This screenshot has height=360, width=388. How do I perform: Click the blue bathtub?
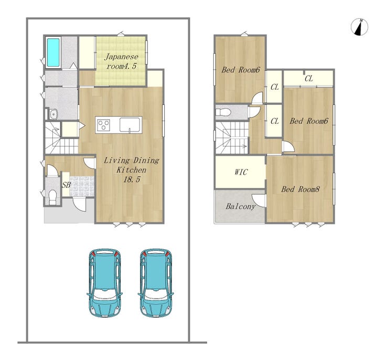[x=53, y=52]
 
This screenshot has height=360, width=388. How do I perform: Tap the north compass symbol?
[x=360, y=27]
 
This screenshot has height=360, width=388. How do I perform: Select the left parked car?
[x=105, y=283]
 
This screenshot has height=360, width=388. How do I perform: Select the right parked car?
[x=156, y=283]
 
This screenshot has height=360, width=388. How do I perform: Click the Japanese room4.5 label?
[x=121, y=61]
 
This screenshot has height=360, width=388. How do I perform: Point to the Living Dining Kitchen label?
[x=132, y=170]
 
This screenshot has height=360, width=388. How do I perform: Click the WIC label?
[x=241, y=172]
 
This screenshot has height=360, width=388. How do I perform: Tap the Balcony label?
[x=240, y=206]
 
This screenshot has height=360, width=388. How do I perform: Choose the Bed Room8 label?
[x=300, y=189]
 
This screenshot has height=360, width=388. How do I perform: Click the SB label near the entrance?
[x=66, y=185]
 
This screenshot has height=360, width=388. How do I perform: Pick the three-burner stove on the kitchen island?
[x=104, y=124]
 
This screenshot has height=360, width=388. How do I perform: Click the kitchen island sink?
[x=130, y=125]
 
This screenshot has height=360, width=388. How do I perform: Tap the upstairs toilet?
[x=223, y=112]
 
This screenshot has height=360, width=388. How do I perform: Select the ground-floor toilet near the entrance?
[x=53, y=197]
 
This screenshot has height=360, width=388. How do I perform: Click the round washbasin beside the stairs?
[x=53, y=114]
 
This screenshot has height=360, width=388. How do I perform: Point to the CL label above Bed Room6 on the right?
[x=309, y=79]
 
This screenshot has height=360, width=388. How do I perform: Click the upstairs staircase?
[x=232, y=138]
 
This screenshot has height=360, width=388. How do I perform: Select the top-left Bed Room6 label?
[x=241, y=70]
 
